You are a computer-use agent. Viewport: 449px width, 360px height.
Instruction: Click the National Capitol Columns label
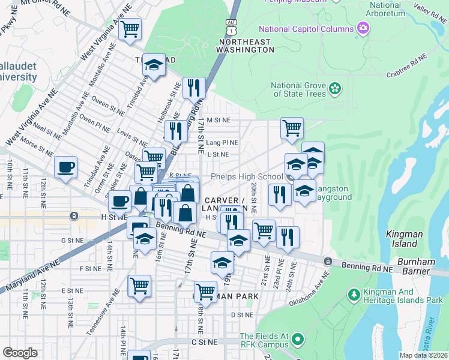coord(306,29)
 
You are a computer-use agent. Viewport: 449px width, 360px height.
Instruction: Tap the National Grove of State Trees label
coord(298,89)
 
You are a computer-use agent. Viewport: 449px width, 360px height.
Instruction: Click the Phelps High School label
coord(246,176)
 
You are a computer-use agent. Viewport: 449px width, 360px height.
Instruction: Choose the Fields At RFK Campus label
coord(265,340)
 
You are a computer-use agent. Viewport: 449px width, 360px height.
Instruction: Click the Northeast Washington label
coord(246,46)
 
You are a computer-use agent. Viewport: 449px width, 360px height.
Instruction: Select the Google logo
coord(20,353)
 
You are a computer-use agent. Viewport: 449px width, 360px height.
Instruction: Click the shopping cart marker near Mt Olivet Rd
coord(130,29)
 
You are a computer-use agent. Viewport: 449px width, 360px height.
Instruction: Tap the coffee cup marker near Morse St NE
coord(65,167)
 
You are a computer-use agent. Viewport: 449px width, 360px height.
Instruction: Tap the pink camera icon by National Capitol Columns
coord(363,28)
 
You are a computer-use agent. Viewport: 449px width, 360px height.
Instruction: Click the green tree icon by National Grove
coord(335,89)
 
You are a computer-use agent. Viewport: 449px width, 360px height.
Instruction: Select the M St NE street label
coord(218,120)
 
